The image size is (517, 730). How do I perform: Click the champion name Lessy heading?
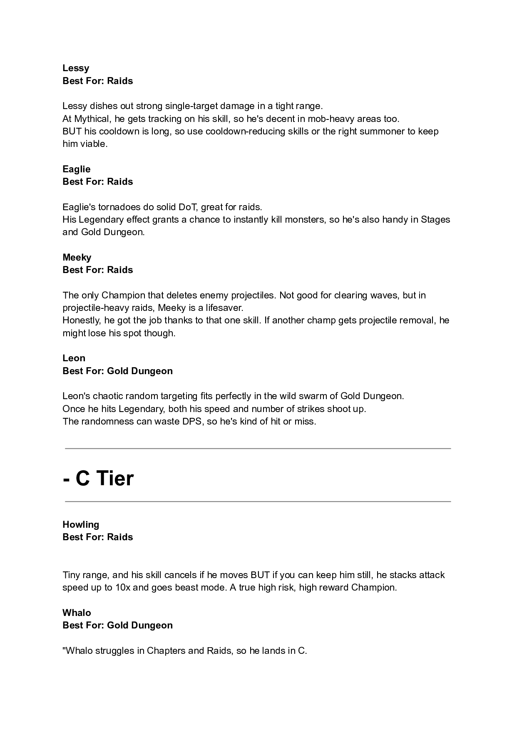click(x=76, y=68)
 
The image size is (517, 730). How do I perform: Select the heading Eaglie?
click(x=76, y=169)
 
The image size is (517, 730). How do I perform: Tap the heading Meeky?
click(x=77, y=257)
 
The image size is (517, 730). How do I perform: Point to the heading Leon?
click(x=74, y=358)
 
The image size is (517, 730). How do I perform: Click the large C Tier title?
click(x=99, y=478)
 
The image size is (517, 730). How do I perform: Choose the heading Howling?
click(x=81, y=524)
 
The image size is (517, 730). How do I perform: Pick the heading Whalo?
click(x=77, y=613)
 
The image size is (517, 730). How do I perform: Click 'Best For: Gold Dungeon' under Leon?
click(x=117, y=371)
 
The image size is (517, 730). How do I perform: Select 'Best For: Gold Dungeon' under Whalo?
click(x=117, y=625)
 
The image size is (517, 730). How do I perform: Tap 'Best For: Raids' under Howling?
click(x=98, y=537)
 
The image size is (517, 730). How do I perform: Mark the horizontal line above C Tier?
click(x=258, y=449)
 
